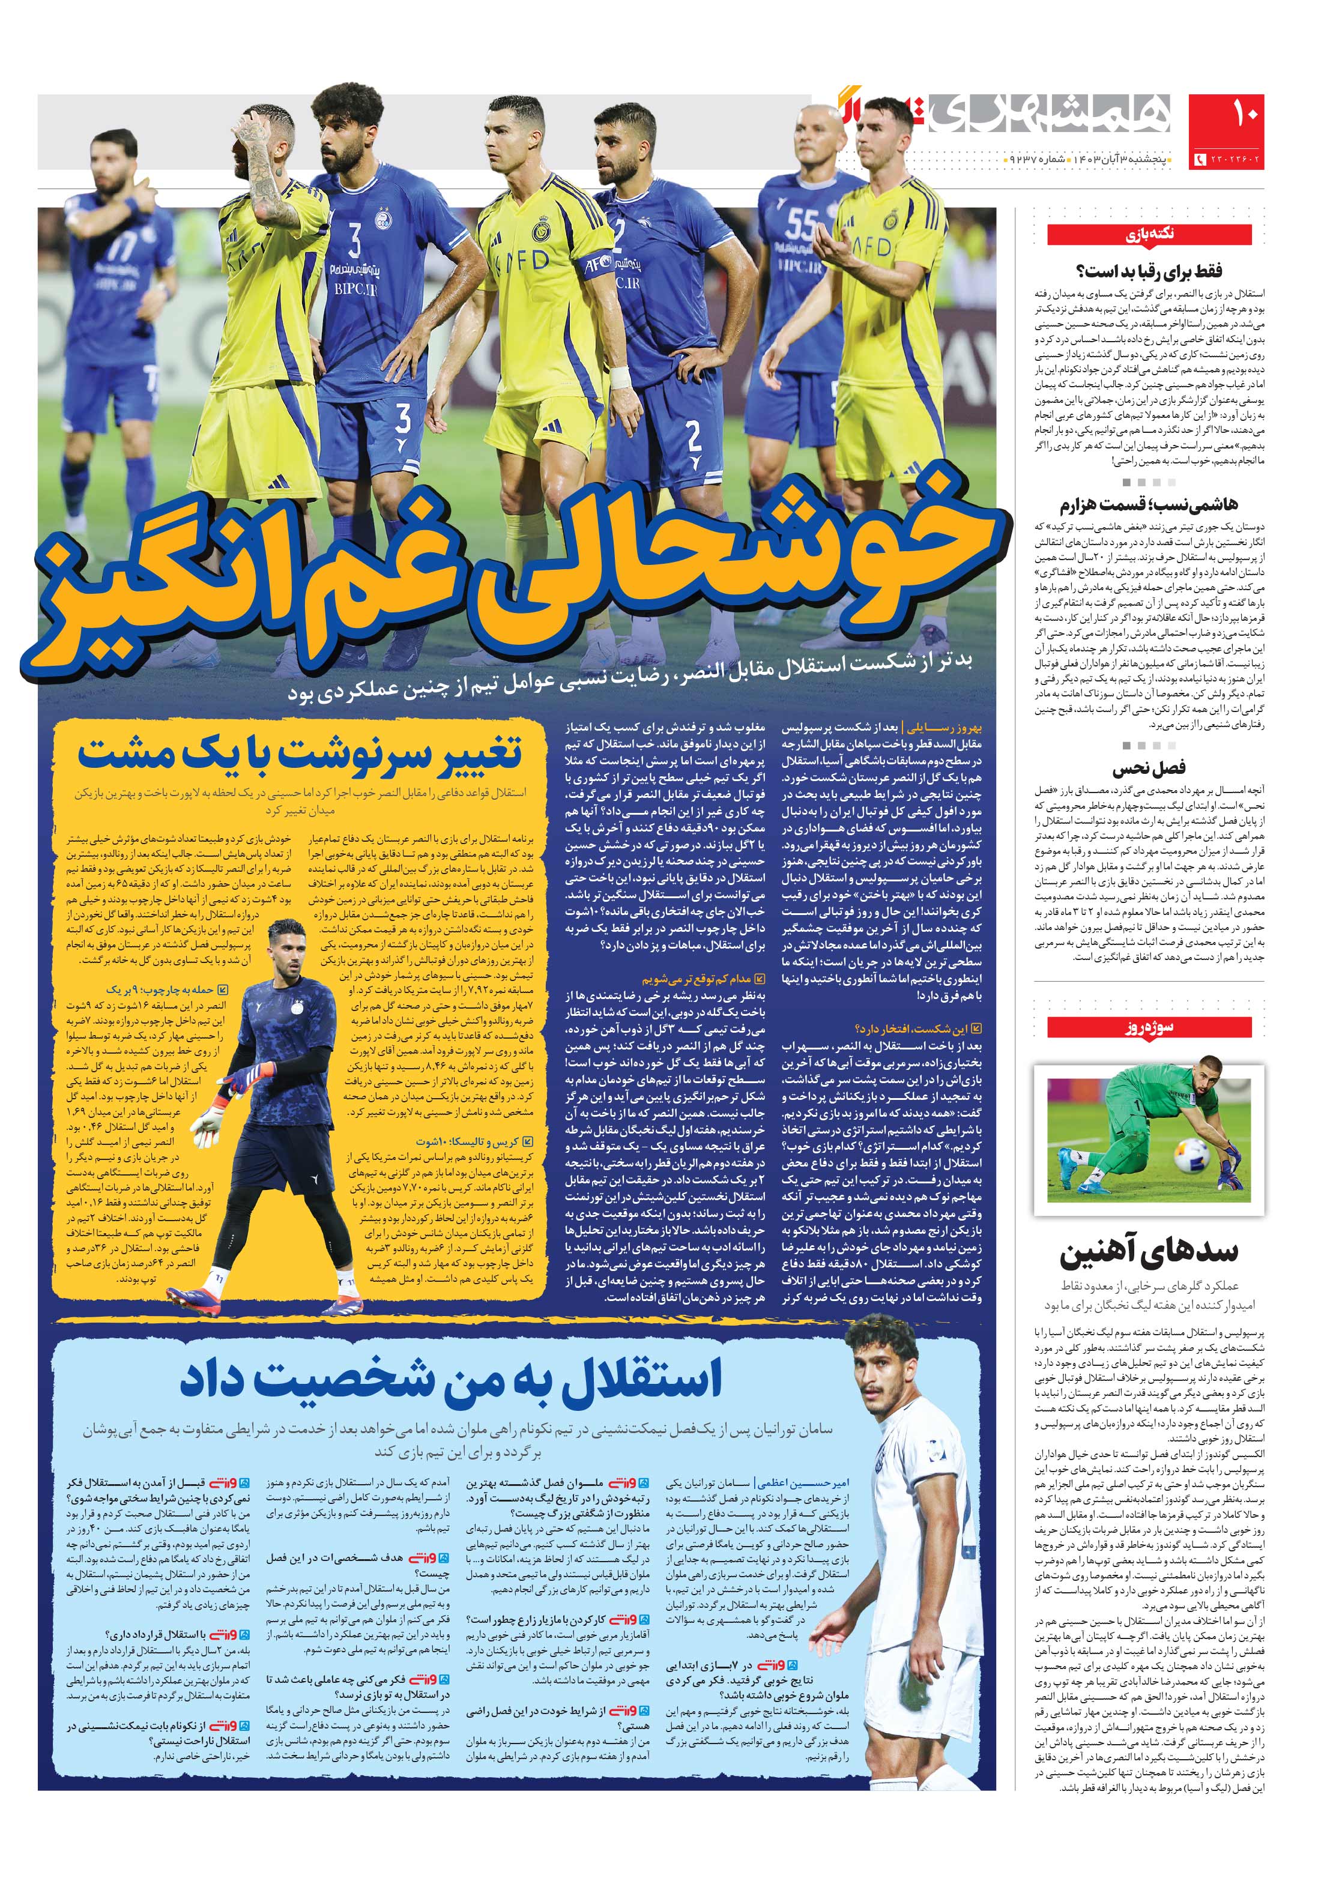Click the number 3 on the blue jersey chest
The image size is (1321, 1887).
point(355,241)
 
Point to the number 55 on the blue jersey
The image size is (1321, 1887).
point(802,222)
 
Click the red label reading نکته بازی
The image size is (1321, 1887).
point(1149,234)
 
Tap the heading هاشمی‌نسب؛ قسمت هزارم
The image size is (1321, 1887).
point(1147,504)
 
